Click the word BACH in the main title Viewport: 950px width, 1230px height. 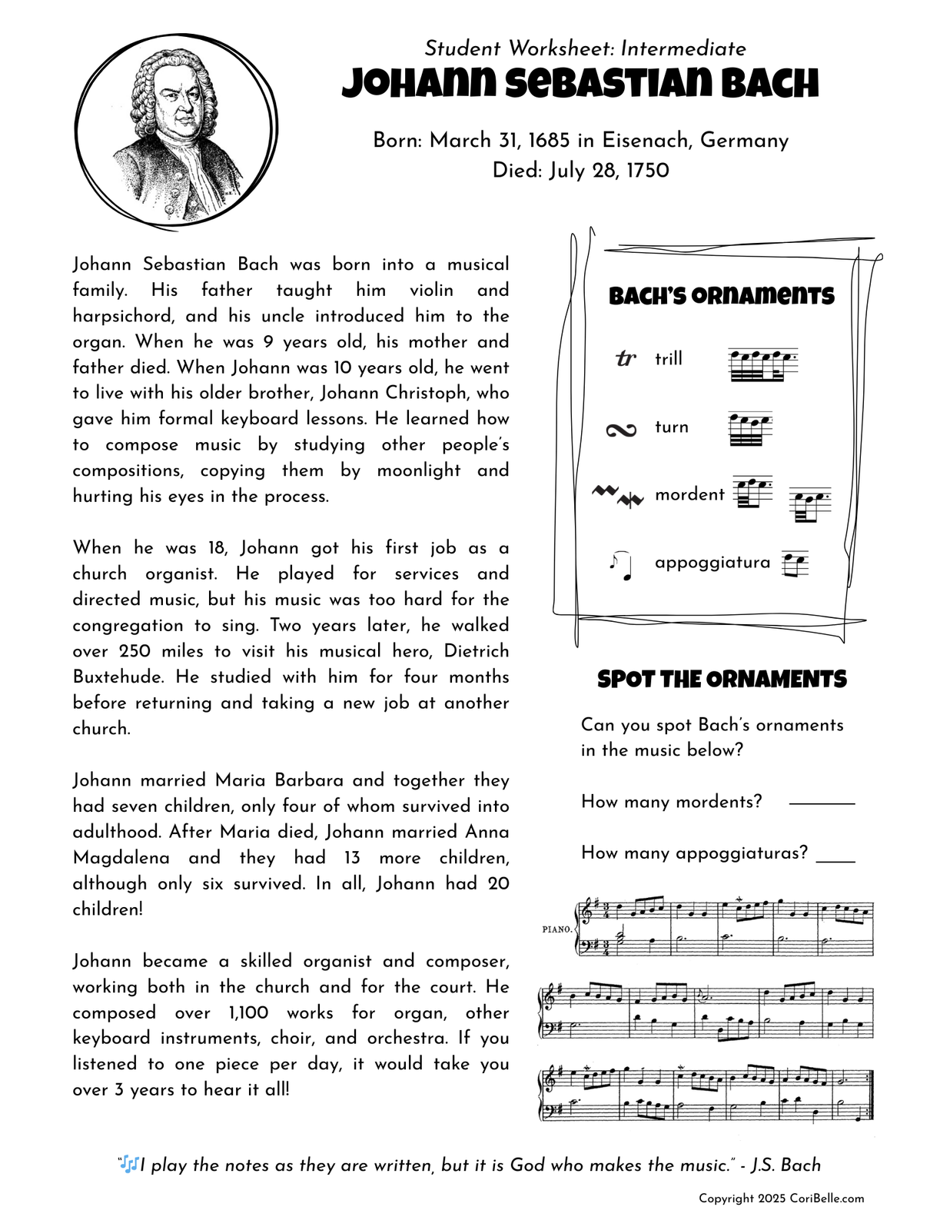(x=770, y=84)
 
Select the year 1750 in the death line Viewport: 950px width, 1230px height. (x=647, y=171)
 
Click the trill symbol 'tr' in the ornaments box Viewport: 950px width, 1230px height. (x=626, y=358)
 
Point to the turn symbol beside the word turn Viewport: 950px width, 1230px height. (x=621, y=430)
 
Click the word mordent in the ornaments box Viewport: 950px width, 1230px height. (x=689, y=494)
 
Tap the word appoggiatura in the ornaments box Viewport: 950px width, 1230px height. (x=712, y=562)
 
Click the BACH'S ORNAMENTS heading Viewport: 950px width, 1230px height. (x=721, y=296)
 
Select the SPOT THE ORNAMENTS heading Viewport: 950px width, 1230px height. (x=722, y=679)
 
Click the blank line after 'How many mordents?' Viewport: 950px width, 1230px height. (x=822, y=803)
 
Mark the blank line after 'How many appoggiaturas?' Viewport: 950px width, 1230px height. (x=835, y=861)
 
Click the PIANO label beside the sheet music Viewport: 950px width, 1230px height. (x=556, y=929)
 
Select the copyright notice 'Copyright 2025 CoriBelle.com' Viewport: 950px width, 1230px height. (x=781, y=1198)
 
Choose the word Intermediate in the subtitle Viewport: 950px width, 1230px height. (x=683, y=48)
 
